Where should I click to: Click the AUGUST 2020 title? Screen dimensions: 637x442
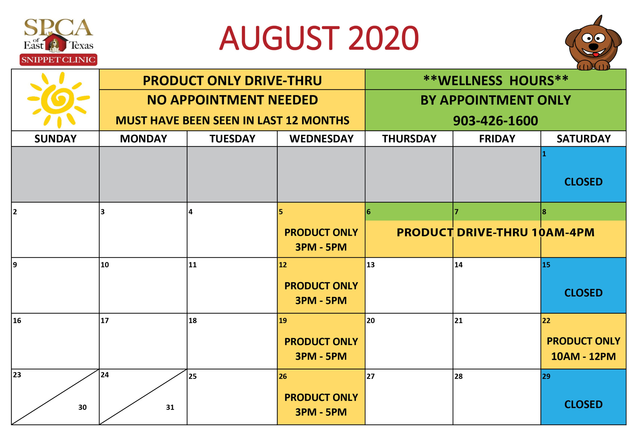tap(319, 38)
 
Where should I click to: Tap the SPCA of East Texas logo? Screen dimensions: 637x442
tap(58, 42)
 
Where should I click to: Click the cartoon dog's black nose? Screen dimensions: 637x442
tap(593, 46)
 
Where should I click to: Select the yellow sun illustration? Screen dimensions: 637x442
tap(58, 100)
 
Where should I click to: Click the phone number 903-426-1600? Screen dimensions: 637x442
tap(495, 121)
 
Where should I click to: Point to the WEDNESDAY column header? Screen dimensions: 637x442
tap(321, 138)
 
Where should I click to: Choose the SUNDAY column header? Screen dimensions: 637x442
tap(55, 138)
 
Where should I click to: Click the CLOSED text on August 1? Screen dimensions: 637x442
tap(583, 182)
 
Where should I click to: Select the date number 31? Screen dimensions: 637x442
tap(170, 407)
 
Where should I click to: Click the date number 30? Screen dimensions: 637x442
tap(82, 407)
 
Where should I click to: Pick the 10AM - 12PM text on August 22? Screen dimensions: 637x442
tap(583, 356)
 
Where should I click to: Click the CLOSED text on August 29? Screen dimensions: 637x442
tap(583, 404)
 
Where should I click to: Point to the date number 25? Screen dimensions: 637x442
tap(193, 376)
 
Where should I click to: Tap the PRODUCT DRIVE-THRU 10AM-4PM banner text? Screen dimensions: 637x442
tap(495, 232)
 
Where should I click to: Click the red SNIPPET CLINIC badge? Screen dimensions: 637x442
tap(58, 60)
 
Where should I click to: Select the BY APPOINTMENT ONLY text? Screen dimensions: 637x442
tap(496, 100)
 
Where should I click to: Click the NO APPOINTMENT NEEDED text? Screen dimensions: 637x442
tap(232, 100)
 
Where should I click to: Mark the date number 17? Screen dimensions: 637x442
tap(105, 320)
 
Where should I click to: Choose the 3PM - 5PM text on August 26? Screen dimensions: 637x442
tap(321, 412)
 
